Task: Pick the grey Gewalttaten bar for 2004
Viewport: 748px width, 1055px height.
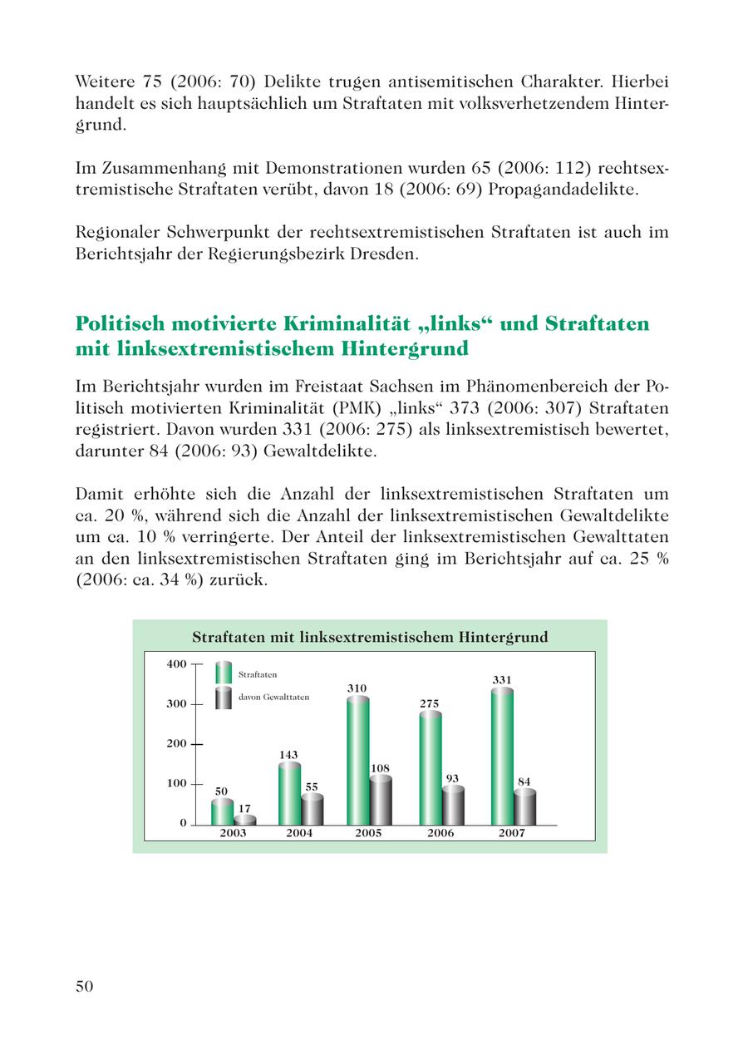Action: click(312, 809)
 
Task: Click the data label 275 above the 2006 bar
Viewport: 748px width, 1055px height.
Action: click(430, 704)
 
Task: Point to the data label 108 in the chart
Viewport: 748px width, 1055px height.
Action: click(380, 768)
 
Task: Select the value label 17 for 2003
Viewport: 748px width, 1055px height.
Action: click(244, 808)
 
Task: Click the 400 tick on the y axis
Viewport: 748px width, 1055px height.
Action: click(175, 664)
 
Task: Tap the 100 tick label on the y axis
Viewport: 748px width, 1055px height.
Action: click(175, 784)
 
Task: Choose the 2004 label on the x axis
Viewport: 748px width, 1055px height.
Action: click(299, 834)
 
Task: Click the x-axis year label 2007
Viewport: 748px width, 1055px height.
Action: click(512, 834)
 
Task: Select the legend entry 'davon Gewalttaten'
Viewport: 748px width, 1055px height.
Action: click(273, 698)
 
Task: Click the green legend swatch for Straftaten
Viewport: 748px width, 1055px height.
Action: click(223, 673)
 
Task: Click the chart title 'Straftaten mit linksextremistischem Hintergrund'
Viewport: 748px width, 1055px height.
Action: click(370, 638)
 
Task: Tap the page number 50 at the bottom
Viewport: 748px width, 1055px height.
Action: click(84, 986)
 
